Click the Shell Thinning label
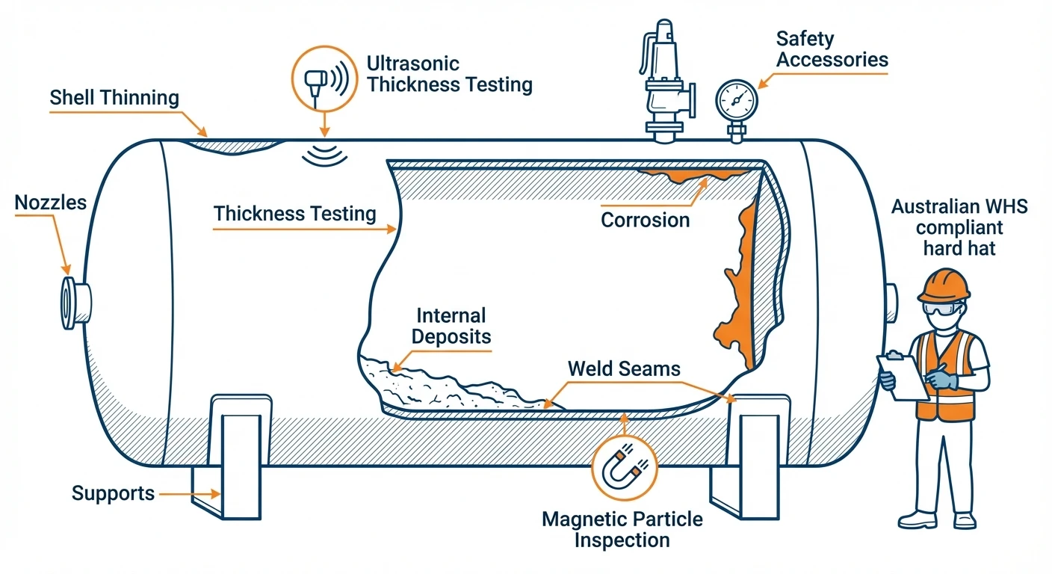(114, 98)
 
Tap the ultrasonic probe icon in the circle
(323, 77)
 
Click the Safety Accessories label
(832, 49)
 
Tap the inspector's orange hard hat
(944, 286)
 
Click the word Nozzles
(51, 203)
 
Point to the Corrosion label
(645, 220)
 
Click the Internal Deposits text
(451, 326)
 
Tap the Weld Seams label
(624, 368)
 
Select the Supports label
(113, 493)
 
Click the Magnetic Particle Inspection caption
(622, 529)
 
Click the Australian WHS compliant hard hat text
(959, 227)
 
